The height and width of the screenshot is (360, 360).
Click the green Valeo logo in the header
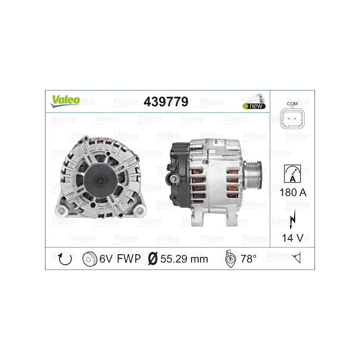[65, 101]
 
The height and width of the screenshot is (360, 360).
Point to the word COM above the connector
[292, 103]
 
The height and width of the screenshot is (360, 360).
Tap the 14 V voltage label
[292, 238]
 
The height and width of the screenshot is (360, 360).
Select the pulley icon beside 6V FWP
[90, 259]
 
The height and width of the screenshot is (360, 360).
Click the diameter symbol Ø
[152, 259]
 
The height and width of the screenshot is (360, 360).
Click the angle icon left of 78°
[229, 259]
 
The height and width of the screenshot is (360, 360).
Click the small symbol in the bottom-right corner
[296, 258]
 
